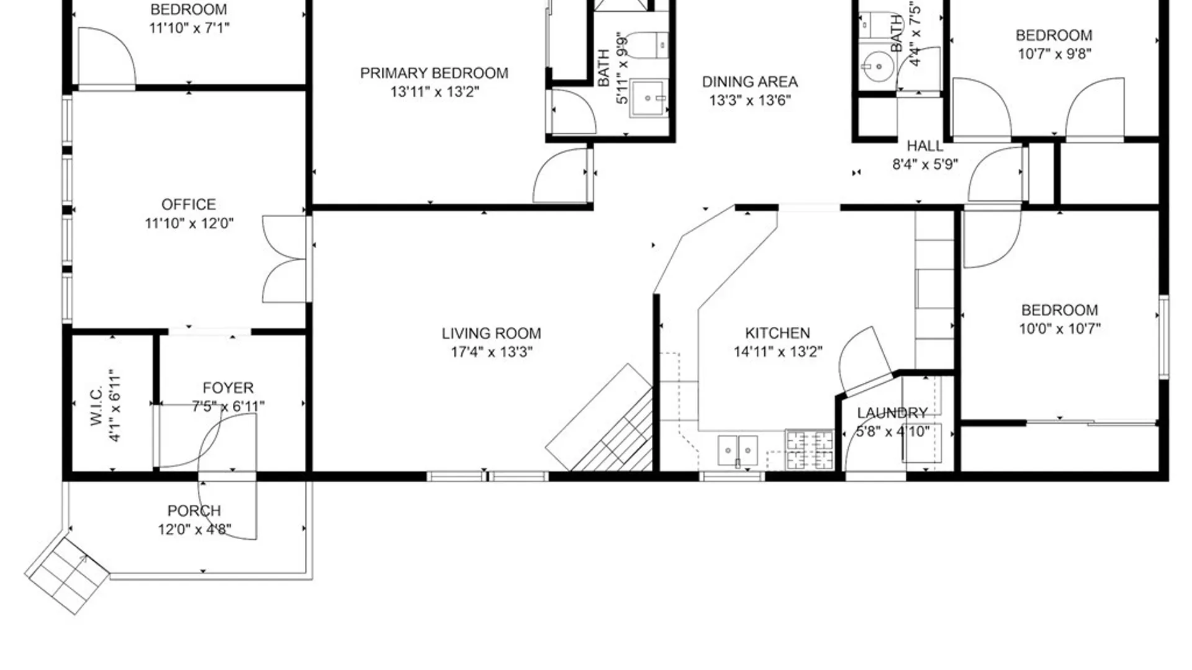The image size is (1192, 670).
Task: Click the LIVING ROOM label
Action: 491,334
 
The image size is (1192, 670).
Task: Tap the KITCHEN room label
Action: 777,333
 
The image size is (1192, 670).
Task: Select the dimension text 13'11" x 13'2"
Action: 435,92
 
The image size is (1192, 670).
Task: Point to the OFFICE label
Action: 189,205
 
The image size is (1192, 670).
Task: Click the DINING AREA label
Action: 750,82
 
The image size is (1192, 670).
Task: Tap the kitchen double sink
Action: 738,450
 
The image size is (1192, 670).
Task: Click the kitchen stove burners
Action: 810,450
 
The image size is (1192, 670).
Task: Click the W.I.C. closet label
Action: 96,406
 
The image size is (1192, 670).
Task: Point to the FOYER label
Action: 228,388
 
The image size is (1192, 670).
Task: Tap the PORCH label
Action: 194,511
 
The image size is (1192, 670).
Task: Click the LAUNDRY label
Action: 892,413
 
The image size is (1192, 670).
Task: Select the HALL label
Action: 925,146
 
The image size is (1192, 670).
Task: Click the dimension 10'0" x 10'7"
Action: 1060,329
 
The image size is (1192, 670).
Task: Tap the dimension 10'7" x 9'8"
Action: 1054,54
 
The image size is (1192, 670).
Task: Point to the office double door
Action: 285,259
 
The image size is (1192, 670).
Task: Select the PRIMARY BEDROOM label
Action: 434,73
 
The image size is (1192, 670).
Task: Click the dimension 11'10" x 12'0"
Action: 189,223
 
